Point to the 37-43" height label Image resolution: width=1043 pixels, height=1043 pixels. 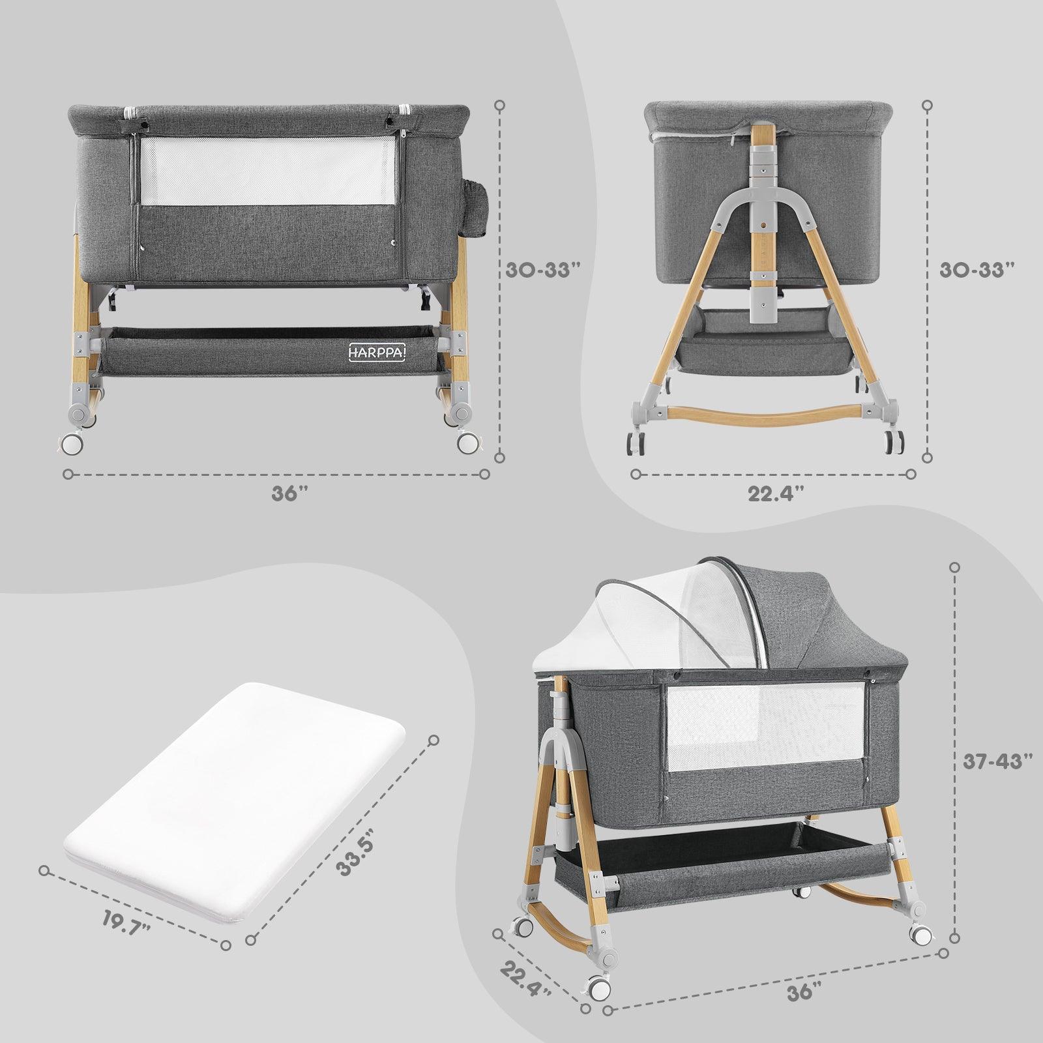click(x=998, y=761)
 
